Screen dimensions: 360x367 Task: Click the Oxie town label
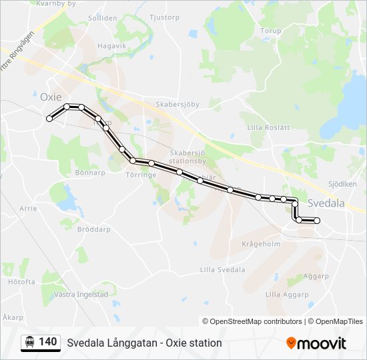(x=51, y=97)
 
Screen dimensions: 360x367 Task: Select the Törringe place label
(x=141, y=175)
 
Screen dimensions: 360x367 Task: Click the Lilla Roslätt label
(x=268, y=127)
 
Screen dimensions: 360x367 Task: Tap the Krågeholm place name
(x=261, y=244)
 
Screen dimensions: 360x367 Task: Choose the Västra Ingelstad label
(x=81, y=294)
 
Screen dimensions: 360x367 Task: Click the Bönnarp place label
(x=91, y=172)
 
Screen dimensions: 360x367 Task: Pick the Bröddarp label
(x=93, y=229)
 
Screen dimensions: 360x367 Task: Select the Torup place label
(x=271, y=31)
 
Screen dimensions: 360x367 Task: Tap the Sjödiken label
(x=342, y=183)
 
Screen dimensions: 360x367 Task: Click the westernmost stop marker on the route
(x=49, y=119)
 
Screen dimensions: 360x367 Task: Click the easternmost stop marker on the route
(x=317, y=221)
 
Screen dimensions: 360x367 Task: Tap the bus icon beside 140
(x=29, y=342)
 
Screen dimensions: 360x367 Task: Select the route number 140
(x=47, y=342)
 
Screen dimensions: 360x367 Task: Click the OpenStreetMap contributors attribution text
(x=252, y=321)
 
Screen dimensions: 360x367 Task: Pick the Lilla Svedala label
(x=222, y=270)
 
